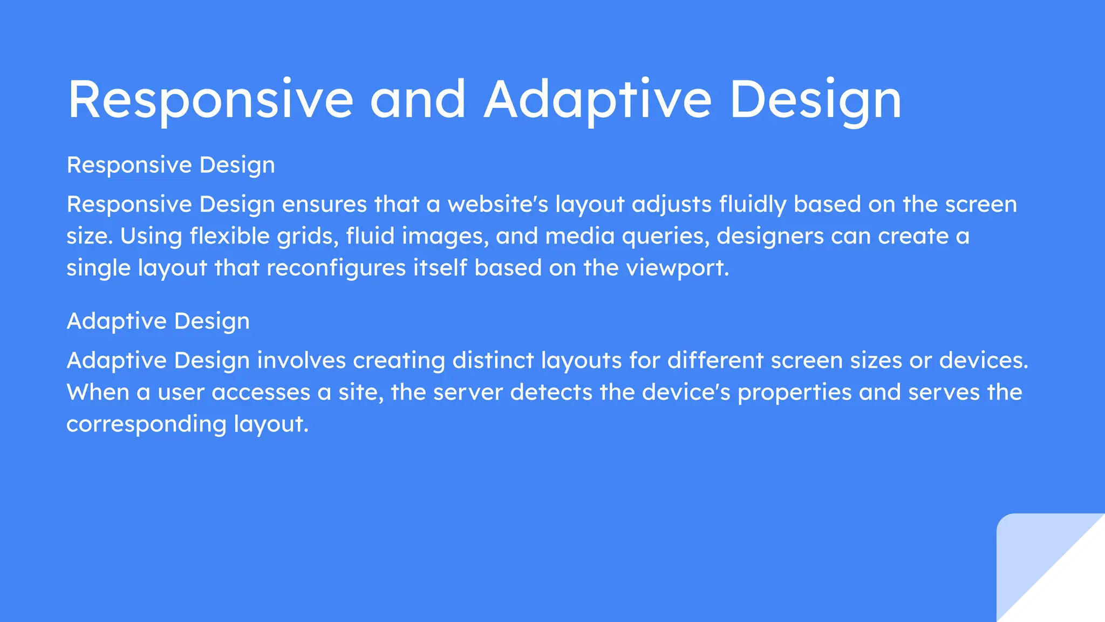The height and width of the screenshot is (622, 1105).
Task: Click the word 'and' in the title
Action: (x=418, y=99)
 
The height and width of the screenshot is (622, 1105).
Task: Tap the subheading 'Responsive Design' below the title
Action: (x=170, y=165)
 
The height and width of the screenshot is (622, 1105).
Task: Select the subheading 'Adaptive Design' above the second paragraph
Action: (x=158, y=321)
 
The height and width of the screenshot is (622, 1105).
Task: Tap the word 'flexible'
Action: (x=229, y=236)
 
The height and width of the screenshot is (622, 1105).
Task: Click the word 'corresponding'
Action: (x=146, y=424)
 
